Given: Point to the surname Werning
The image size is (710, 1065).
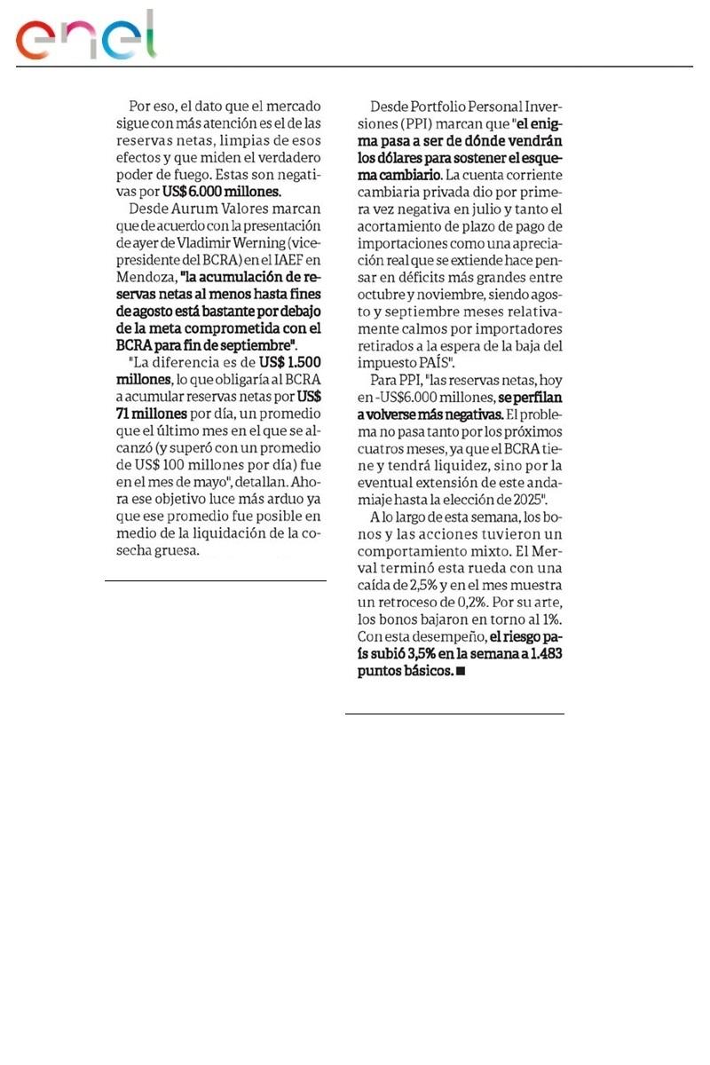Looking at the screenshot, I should pyautogui.click(x=290, y=241).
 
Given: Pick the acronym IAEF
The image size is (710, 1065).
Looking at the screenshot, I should pyautogui.click(x=288, y=258).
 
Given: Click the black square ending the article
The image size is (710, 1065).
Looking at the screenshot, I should pyautogui.click(x=460, y=672).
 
